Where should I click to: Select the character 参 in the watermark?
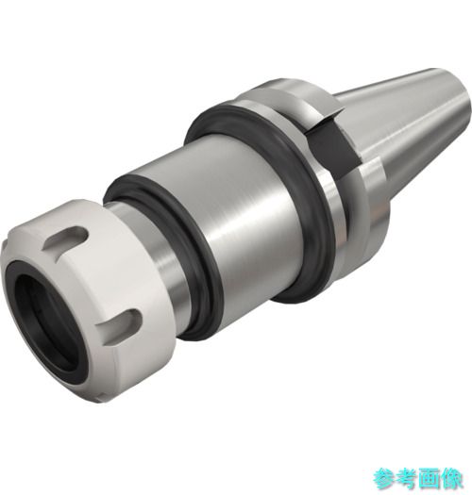pos(384,480)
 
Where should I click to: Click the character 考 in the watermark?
pos(407,480)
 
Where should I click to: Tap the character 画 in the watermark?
pos(429,480)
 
